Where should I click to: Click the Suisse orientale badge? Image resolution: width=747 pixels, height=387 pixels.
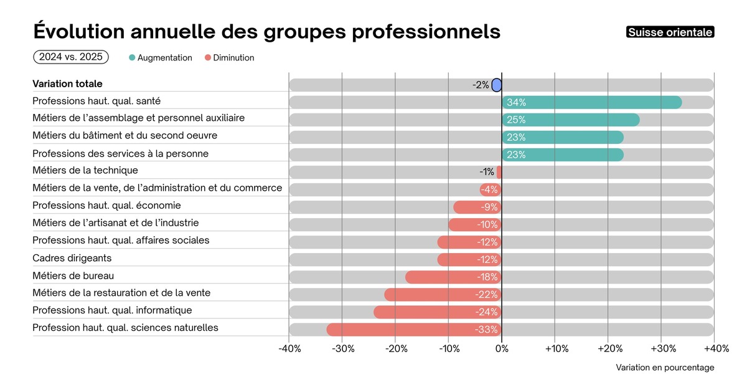click(670, 32)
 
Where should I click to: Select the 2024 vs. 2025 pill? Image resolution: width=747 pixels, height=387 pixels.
click(71, 57)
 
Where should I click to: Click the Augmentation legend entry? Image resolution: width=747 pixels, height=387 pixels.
click(161, 58)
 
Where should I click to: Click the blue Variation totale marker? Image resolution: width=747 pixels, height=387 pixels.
click(496, 85)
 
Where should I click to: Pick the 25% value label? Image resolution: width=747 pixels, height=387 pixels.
click(516, 120)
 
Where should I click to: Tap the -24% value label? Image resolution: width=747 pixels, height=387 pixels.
click(486, 312)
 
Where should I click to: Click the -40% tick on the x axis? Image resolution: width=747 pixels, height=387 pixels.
click(289, 348)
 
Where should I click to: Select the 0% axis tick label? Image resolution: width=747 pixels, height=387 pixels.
click(501, 348)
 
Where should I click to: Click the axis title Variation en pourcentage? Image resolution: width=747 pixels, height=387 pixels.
click(665, 368)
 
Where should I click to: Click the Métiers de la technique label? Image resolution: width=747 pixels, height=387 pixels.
click(85, 170)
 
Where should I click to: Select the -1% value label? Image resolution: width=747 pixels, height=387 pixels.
click(486, 172)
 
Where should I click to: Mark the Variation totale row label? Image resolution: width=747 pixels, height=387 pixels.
click(67, 84)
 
